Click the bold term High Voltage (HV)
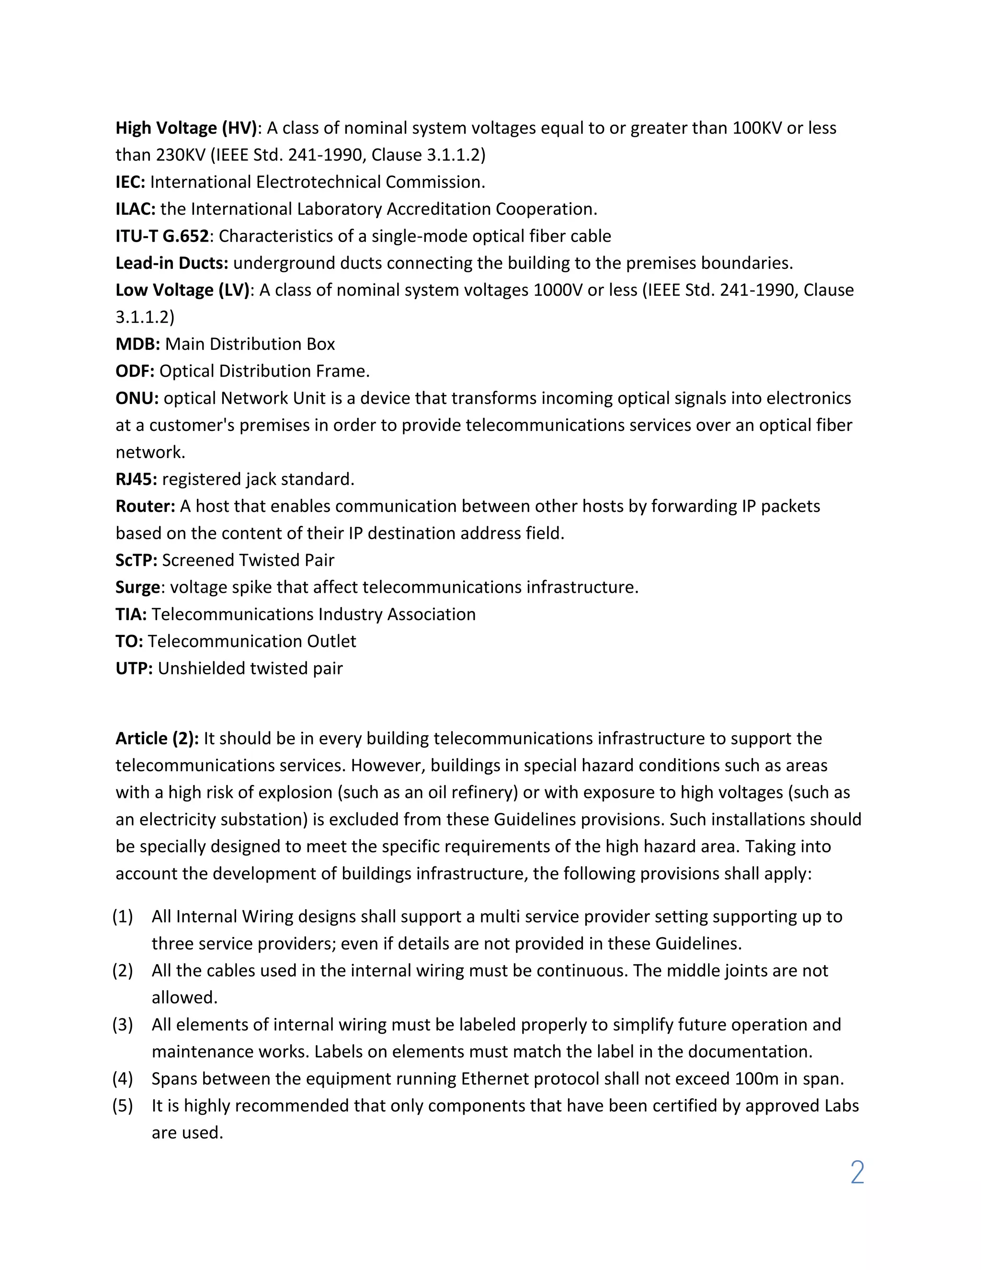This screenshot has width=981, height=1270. click(x=186, y=128)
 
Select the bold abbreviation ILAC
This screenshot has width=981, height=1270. click(x=135, y=209)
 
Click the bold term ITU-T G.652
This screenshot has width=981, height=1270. click(x=161, y=236)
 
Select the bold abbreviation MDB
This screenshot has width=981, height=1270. click(x=137, y=344)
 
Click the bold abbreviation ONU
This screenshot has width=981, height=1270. click(x=137, y=398)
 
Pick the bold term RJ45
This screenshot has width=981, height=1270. click(x=136, y=479)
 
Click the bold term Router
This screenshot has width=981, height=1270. click(x=145, y=507)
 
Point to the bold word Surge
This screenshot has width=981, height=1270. click(x=137, y=588)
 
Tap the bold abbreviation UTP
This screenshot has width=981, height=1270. click(x=134, y=669)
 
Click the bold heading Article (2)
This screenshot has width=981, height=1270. click(x=157, y=739)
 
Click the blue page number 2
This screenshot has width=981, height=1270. click(x=856, y=1172)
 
